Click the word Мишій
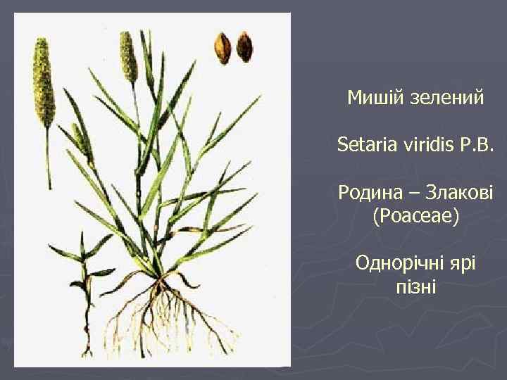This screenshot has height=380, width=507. (371, 99)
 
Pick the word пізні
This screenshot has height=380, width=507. (415, 287)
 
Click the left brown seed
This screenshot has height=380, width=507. (224, 48)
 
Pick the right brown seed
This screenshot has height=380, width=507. (244, 47)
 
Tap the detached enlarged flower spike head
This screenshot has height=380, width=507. (44, 81)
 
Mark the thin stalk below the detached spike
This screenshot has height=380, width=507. (49, 158)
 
